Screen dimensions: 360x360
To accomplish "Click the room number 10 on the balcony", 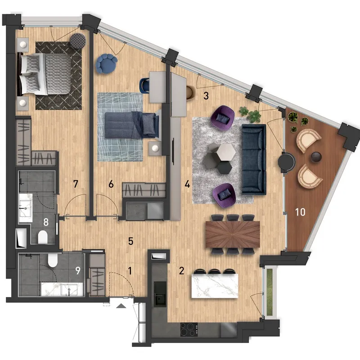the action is [300, 212].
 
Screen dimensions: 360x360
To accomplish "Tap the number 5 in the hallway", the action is [130, 241].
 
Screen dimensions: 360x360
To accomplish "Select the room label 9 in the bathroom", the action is [78, 270].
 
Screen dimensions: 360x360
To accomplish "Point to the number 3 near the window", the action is [206, 96].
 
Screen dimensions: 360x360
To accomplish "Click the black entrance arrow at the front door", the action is [121, 306].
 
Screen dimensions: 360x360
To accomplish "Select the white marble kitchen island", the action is [215, 286].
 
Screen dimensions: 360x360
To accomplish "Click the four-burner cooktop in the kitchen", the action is [189, 330].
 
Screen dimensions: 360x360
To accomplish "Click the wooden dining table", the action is [233, 234].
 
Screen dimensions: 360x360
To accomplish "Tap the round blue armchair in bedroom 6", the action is [107, 63].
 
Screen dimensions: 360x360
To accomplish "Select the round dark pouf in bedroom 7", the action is [78, 41].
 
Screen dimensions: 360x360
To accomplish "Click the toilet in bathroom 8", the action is [43, 237].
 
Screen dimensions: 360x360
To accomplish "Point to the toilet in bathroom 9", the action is [53, 260].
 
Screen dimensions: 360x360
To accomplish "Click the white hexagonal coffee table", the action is [225, 152].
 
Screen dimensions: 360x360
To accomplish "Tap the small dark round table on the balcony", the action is [316, 157].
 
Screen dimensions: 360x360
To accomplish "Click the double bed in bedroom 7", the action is [44, 74].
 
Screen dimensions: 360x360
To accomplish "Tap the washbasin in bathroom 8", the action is [26, 208].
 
